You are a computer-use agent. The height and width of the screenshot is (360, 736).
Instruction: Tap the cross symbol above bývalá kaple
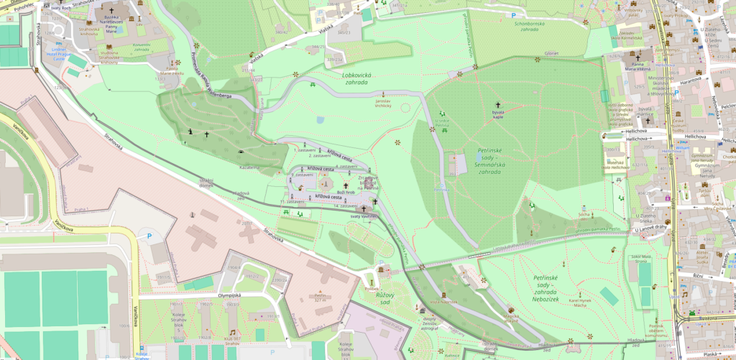[x=497, y=105]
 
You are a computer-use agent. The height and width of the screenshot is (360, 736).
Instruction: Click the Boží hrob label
[x=346, y=192]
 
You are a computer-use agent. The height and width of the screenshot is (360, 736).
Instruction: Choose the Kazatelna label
[x=249, y=167]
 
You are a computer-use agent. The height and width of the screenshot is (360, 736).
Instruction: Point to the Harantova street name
[x=689, y=80]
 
